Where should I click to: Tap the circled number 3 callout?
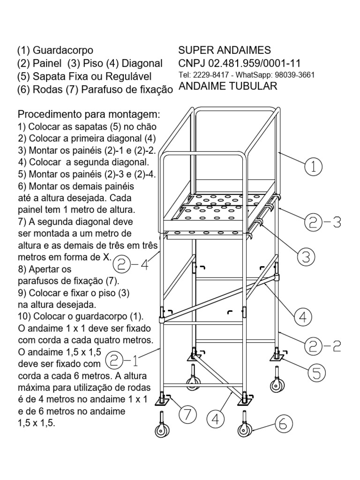pyautogui.click(x=306, y=256)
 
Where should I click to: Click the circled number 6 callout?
pyautogui.click(x=283, y=425)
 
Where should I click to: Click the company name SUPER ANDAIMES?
pyautogui.click(x=225, y=51)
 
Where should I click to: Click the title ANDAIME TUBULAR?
pyautogui.click(x=228, y=86)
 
